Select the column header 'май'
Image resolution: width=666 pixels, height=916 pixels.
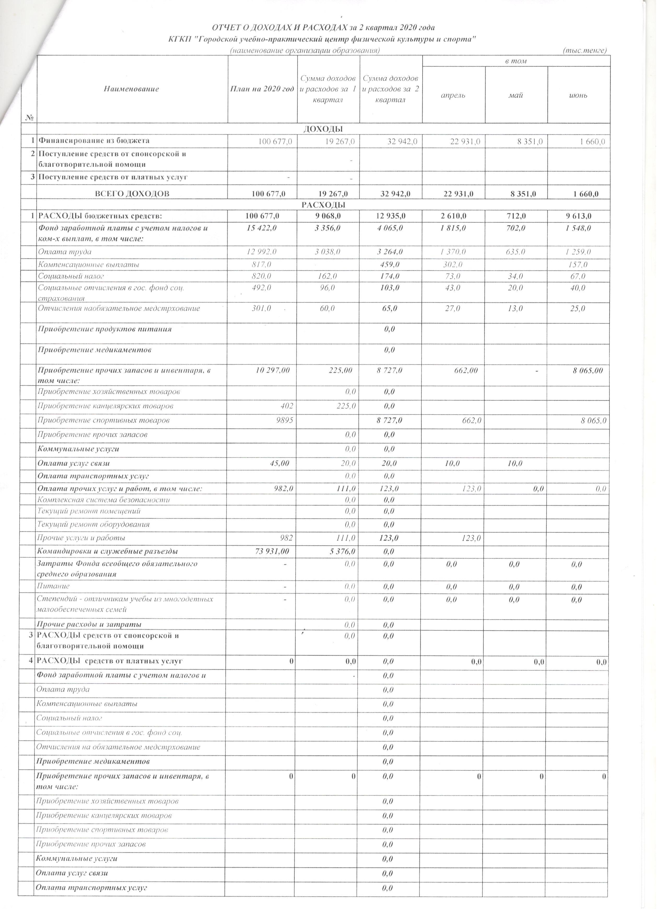(516, 95)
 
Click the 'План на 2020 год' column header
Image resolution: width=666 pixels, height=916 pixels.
(262, 89)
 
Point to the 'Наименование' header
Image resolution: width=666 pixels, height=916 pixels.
(132, 89)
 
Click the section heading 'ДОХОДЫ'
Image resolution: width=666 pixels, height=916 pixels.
(323, 129)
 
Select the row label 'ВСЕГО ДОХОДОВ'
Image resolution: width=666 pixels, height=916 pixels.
(132, 194)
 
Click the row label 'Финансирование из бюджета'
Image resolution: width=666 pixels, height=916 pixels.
(94, 141)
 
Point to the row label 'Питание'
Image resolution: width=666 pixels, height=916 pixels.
(53, 586)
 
